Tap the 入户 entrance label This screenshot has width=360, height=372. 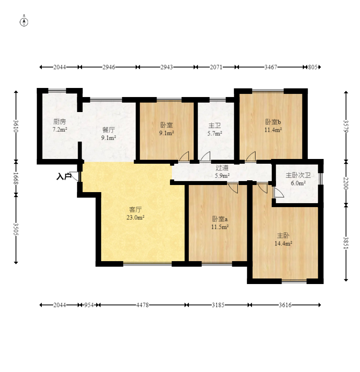(64, 176)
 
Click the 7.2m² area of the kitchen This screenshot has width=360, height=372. (60, 129)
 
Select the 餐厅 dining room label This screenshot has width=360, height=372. (108, 130)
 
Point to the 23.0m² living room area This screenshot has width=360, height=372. (135, 217)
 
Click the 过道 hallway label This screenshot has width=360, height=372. (222, 168)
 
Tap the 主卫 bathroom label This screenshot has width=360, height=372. (215, 125)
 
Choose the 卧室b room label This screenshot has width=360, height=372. (273, 122)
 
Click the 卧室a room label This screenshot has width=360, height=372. (220, 219)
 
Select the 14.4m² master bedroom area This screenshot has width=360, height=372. (283, 243)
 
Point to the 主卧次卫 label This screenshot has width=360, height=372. (298, 175)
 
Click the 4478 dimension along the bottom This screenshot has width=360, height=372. (142, 305)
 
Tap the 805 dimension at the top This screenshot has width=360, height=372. (313, 67)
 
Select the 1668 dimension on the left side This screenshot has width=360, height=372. (16, 178)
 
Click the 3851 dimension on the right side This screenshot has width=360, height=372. (346, 243)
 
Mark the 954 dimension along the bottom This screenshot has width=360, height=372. (89, 305)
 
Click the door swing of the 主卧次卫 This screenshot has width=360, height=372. (279, 193)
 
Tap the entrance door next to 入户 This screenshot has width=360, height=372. (75, 176)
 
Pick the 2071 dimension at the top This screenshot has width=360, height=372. (216, 67)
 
